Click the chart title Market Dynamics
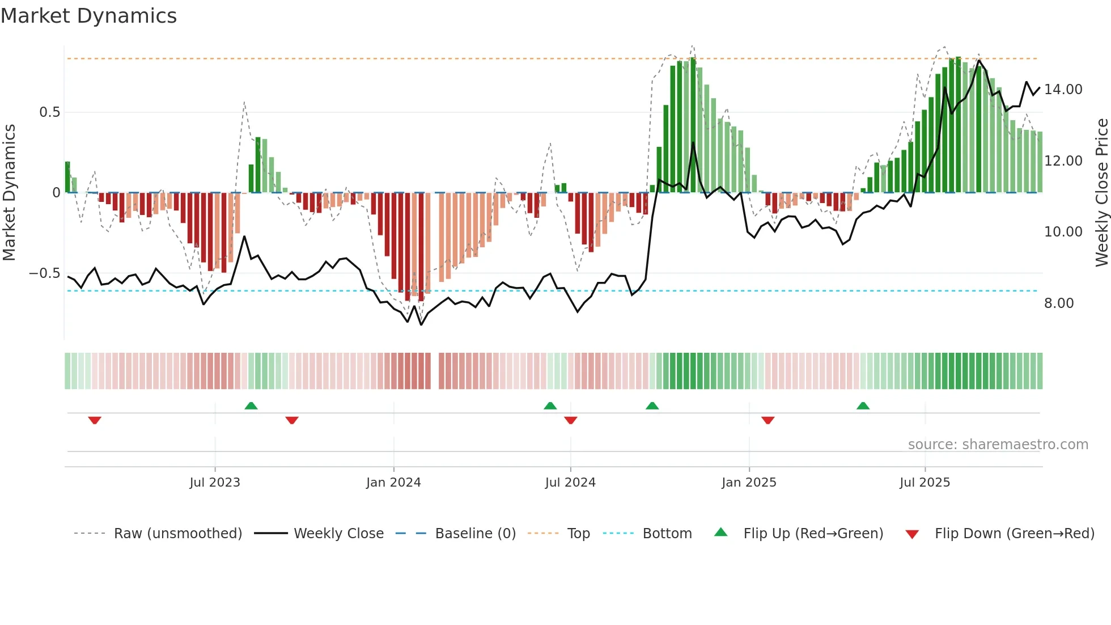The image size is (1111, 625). [88, 16]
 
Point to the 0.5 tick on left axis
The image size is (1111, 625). [49, 112]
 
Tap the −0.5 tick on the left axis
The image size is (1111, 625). [45, 273]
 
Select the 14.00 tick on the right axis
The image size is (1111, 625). [1063, 90]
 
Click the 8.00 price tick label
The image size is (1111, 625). [1059, 303]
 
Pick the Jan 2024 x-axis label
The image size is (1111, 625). [393, 483]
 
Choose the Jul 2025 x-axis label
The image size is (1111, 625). [925, 483]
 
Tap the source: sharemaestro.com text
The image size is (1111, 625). [998, 445]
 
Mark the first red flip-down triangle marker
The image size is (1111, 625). [95, 420]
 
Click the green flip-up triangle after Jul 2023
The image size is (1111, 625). [251, 406]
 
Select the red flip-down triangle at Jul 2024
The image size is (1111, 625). [571, 420]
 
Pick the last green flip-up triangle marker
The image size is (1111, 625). [863, 406]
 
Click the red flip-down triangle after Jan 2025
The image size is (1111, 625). [768, 420]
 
